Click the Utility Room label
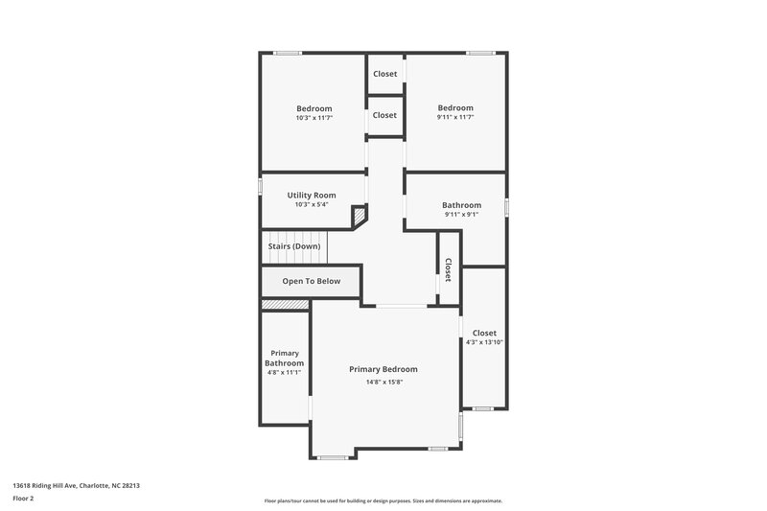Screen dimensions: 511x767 click(x=312, y=195)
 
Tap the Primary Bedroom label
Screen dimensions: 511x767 click(x=383, y=369)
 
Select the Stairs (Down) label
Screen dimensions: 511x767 click(x=293, y=246)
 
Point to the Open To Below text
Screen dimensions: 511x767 click(x=312, y=282)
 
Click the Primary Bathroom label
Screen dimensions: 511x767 click(x=285, y=359)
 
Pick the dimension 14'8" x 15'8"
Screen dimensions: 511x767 click(x=383, y=383)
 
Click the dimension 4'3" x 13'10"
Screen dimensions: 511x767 click(x=484, y=342)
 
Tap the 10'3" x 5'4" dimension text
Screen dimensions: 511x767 click(x=312, y=204)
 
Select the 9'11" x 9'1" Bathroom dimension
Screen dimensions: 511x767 click(x=461, y=215)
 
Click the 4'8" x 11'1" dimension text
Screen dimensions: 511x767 click(x=285, y=372)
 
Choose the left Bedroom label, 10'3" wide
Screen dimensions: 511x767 click(x=314, y=108)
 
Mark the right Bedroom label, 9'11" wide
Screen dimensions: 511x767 click(x=455, y=108)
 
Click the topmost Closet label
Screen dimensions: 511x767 click(x=384, y=74)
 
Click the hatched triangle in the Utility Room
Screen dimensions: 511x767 click(x=360, y=217)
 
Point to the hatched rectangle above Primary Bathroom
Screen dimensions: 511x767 click(x=285, y=305)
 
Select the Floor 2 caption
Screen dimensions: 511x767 click(x=23, y=499)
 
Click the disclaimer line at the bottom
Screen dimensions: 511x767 click(x=383, y=501)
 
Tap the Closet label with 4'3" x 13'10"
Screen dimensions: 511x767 click(x=484, y=333)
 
